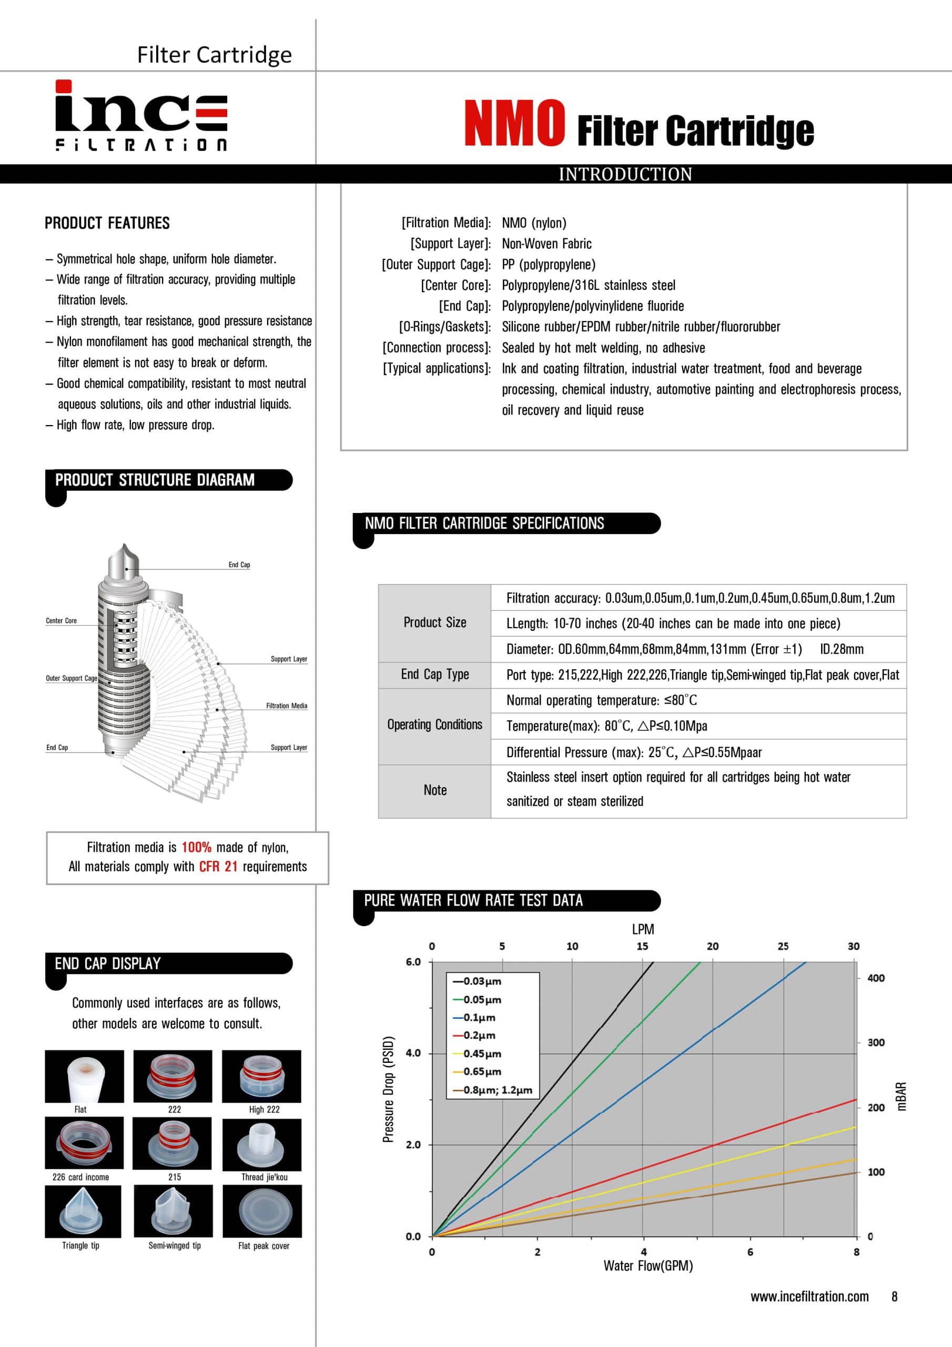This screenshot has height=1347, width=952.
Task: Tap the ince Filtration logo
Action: [141, 116]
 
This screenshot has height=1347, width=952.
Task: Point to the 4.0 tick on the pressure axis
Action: [413, 1053]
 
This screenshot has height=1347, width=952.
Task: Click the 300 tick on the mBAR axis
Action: [876, 1042]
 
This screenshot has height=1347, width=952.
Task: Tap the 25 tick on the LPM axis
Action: [783, 946]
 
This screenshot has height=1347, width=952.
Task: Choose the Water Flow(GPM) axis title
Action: [648, 1266]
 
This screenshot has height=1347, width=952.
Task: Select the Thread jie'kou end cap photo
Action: [261, 1144]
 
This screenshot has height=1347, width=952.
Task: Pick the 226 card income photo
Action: [84, 1143]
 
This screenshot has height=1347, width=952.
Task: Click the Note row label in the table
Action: [434, 790]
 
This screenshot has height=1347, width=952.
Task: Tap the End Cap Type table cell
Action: [434, 674]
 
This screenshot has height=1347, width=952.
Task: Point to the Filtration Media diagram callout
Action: [286, 706]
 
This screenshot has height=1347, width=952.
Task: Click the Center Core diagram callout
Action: [62, 621]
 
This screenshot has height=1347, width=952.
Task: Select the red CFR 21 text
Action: [218, 867]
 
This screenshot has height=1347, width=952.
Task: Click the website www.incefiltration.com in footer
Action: [809, 1296]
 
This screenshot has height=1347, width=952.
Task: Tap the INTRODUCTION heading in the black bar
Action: [625, 174]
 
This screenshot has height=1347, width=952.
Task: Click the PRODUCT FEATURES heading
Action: [107, 223]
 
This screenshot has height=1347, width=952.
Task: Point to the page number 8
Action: [894, 1296]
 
